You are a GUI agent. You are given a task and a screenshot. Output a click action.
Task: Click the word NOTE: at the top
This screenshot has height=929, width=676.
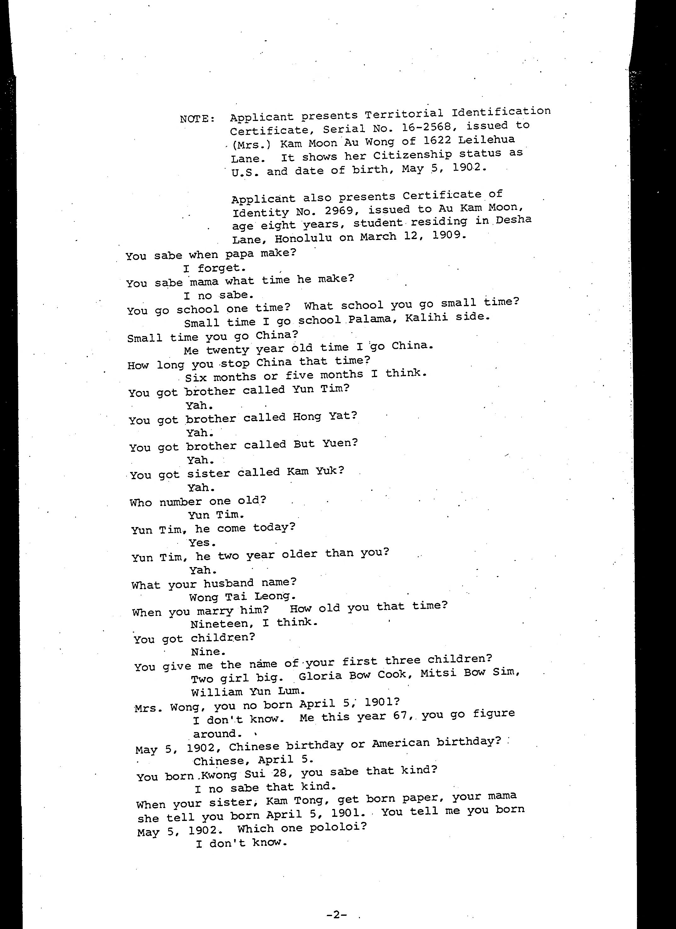click(197, 119)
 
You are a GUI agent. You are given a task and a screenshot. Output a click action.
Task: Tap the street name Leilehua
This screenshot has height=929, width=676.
click(486, 140)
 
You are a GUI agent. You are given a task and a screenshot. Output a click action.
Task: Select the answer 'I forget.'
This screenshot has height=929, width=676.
click(214, 268)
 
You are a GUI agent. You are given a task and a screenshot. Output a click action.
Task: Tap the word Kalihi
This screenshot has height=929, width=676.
click(426, 318)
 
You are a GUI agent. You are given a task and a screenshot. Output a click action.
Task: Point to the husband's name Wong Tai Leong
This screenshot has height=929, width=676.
click(241, 596)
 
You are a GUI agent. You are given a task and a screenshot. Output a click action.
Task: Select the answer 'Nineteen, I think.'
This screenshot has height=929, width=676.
click(253, 623)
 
